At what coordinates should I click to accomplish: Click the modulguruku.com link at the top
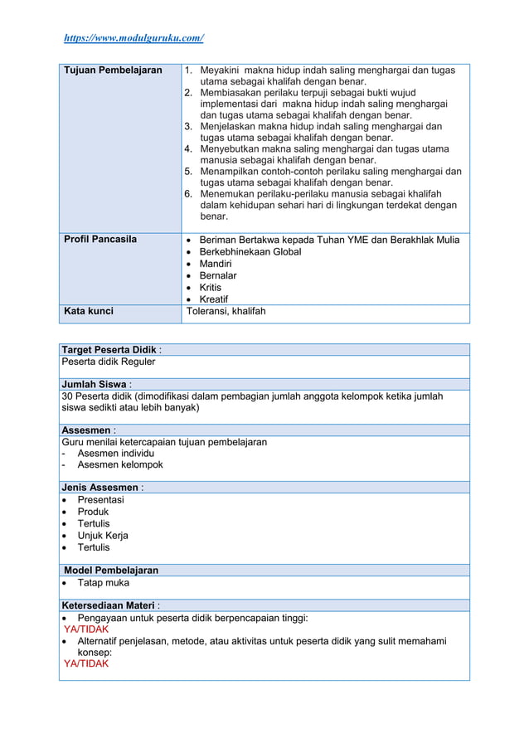(x=133, y=38)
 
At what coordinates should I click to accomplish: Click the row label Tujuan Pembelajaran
(x=113, y=70)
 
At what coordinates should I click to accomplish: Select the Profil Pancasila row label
(x=100, y=240)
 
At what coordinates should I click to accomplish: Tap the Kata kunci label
(x=89, y=312)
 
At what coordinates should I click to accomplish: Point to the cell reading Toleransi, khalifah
(x=226, y=312)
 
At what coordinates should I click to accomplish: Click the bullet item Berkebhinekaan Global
(x=250, y=251)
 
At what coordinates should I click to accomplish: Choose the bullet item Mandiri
(x=216, y=264)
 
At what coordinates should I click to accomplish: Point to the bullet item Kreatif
(x=214, y=299)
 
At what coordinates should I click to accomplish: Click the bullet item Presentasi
(x=100, y=500)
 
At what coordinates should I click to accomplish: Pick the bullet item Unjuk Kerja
(x=102, y=536)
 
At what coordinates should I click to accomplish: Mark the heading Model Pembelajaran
(x=111, y=571)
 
